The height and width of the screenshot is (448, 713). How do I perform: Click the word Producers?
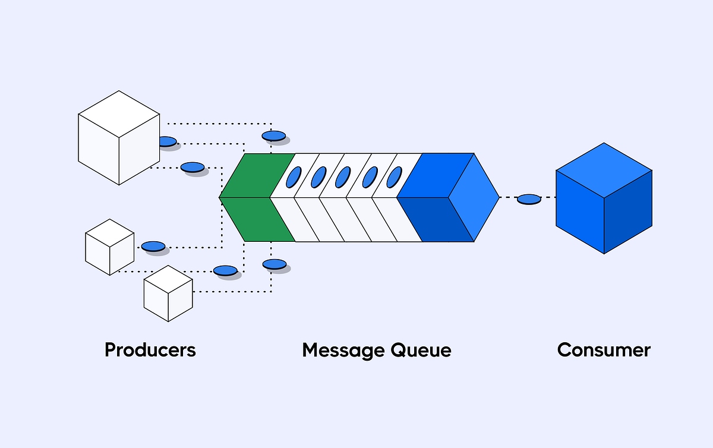click(150, 349)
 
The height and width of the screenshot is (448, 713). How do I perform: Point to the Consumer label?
click(604, 349)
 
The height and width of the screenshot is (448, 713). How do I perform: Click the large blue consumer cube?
click(604, 205)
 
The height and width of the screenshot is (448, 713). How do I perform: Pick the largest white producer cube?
click(119, 138)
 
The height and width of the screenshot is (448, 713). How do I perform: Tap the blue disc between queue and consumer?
click(529, 199)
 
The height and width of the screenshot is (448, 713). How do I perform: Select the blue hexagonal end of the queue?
click(449, 197)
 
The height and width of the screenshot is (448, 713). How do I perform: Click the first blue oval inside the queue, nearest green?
click(293, 177)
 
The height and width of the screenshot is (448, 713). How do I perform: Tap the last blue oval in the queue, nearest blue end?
click(395, 177)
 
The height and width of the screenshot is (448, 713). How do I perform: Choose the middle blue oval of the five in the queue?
click(343, 177)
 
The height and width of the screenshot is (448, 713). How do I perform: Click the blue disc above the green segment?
click(274, 136)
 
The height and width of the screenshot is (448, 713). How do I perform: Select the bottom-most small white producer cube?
click(168, 294)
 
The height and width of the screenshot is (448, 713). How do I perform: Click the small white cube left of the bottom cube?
click(109, 247)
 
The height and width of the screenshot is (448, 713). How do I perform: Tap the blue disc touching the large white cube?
click(167, 141)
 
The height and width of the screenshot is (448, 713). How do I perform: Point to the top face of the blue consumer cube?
click(604, 171)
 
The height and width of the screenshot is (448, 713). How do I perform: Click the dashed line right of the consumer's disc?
click(549, 197)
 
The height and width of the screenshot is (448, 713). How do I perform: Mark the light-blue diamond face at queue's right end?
click(474, 197)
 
